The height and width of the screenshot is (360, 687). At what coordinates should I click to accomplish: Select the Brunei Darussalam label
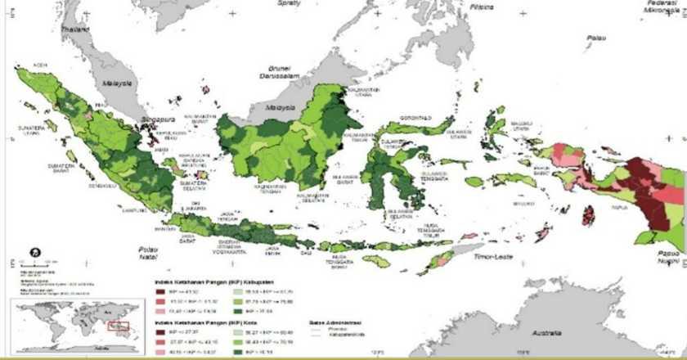(x=278, y=69)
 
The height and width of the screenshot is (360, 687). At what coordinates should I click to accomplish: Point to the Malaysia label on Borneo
(x=276, y=107)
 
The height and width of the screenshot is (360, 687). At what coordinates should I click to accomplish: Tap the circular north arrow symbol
(x=34, y=253)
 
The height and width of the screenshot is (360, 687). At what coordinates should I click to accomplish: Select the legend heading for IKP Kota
(x=200, y=323)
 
